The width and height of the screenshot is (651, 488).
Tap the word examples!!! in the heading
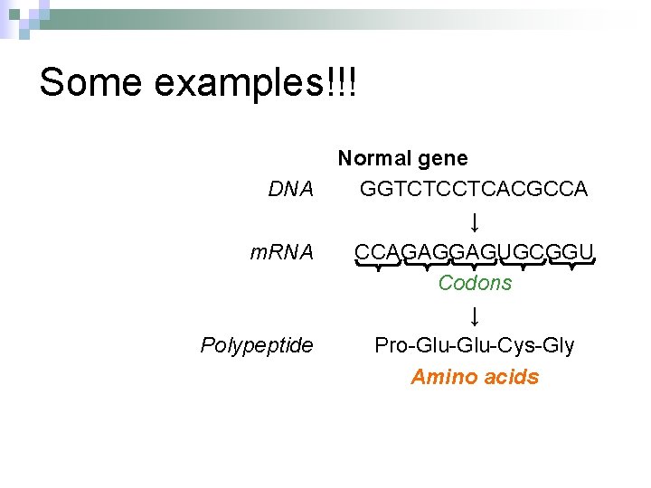(x=256, y=82)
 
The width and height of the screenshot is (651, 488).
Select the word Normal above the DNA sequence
(x=373, y=159)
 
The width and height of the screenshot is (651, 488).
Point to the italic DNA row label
(x=290, y=190)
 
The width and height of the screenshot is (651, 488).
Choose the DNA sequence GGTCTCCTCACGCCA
(x=474, y=189)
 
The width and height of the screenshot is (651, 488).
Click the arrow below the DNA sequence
(x=475, y=221)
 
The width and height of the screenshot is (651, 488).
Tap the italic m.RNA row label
(x=282, y=252)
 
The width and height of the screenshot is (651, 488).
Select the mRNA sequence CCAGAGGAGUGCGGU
(x=474, y=251)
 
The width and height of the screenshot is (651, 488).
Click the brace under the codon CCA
(x=378, y=265)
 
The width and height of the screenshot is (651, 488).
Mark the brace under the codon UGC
(x=523, y=265)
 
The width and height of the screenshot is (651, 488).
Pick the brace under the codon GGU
(x=571, y=265)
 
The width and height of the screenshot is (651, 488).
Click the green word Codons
(x=475, y=283)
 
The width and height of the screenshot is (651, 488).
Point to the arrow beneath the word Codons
(x=475, y=315)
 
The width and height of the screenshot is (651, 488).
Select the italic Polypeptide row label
(x=257, y=345)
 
